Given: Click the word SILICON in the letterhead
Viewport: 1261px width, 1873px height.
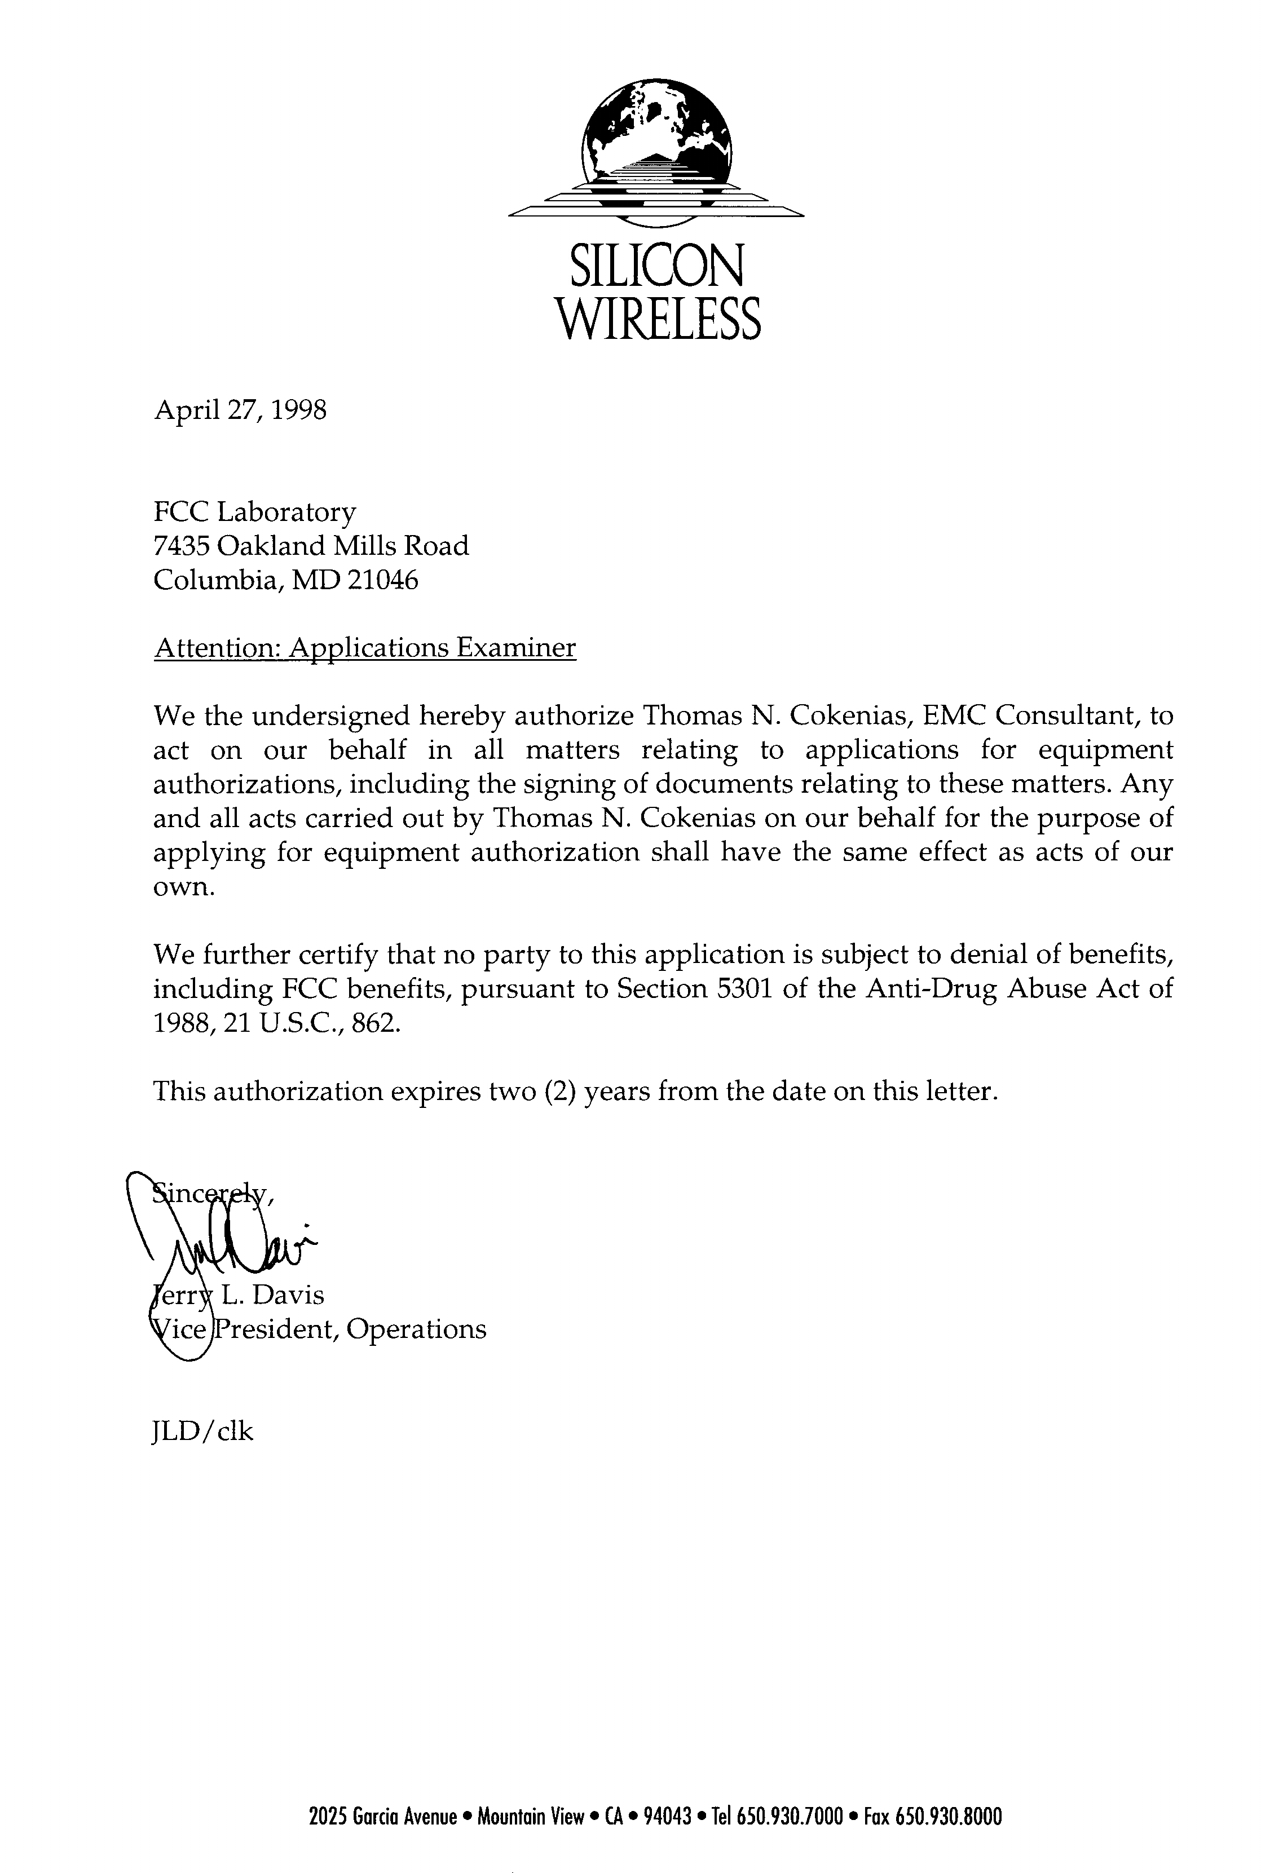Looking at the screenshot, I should tap(656, 268).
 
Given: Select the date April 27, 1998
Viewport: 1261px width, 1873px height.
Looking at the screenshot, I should tap(240, 411).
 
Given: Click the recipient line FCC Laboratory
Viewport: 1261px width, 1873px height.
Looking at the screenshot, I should tap(254, 511).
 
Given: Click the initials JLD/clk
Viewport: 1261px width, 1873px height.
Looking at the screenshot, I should tap(202, 1432).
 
